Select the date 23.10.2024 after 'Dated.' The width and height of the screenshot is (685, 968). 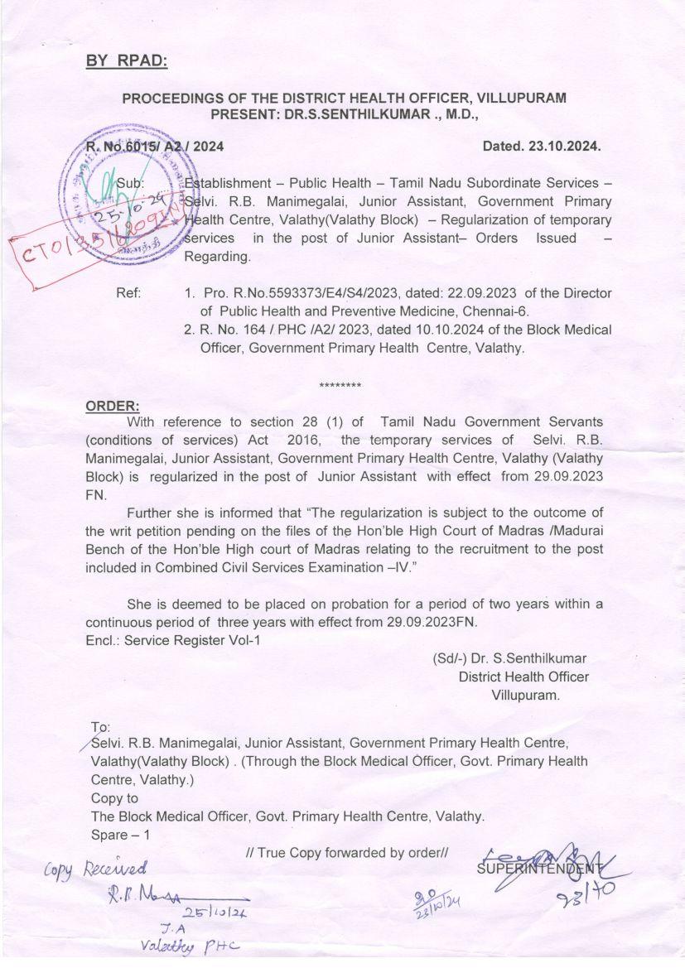tap(567, 147)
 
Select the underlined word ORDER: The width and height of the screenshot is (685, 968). tap(113, 406)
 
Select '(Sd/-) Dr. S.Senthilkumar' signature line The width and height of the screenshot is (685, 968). tap(509, 658)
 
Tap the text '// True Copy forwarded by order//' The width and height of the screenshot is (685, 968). tap(347, 852)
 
